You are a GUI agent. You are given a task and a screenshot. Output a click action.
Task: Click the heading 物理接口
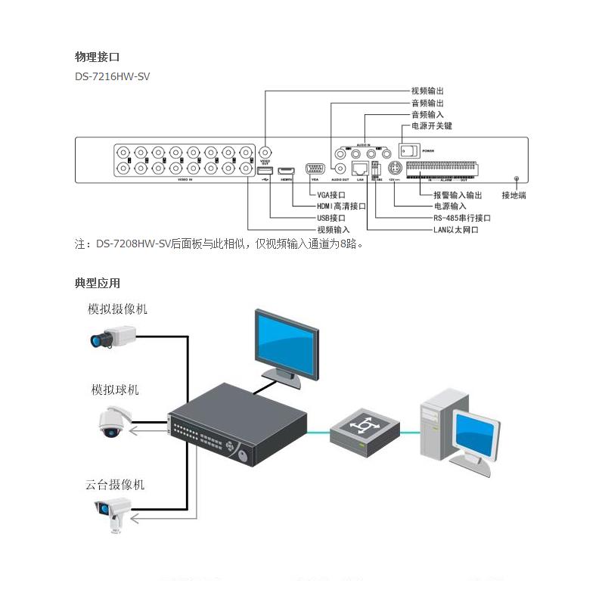coord(97,57)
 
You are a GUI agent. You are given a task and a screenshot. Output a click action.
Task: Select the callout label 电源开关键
coord(431,126)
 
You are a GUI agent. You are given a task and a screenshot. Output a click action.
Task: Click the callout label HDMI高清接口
coord(341,206)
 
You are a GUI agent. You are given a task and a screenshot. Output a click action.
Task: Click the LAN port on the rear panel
coord(361,169)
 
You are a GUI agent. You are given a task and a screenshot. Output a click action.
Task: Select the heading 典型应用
coord(97,283)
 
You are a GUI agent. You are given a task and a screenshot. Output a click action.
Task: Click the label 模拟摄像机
coord(117,309)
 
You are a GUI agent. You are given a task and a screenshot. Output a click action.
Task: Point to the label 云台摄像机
coord(115,485)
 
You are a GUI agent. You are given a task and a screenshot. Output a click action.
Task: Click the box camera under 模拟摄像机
coord(112,335)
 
